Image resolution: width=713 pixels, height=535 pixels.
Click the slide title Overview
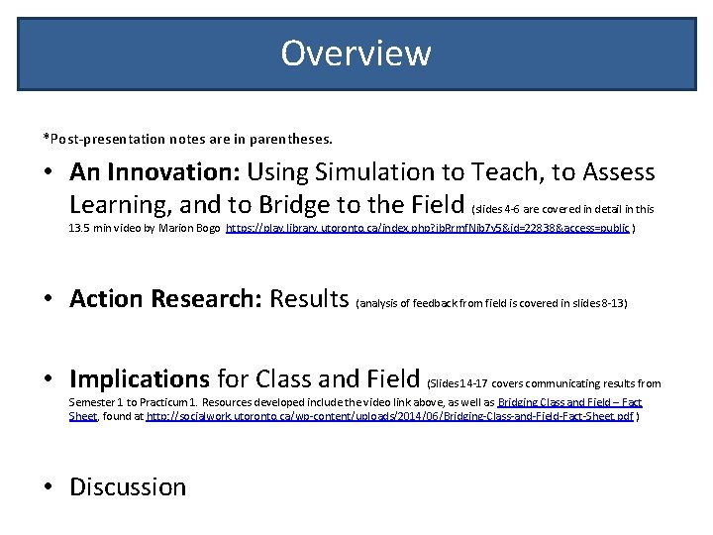point(356,53)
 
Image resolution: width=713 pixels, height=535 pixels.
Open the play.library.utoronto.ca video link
point(428,228)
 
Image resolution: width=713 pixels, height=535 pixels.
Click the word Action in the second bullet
point(110,298)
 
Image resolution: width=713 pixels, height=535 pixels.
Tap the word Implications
point(140,378)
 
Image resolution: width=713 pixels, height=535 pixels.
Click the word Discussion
point(128,487)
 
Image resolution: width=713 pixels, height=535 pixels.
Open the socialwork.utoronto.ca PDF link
point(389,417)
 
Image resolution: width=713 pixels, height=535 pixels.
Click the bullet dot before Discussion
point(48,487)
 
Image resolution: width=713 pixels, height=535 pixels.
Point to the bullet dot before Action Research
point(48,298)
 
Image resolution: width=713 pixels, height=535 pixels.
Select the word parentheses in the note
point(295,138)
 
